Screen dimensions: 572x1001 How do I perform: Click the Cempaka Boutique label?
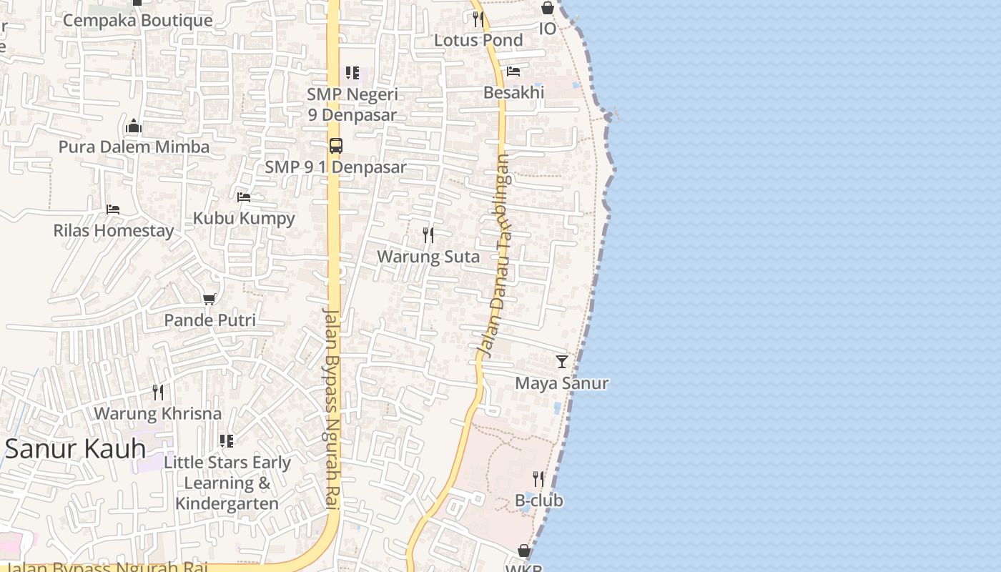[x=137, y=20]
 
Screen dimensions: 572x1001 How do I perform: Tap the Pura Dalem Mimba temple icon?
[x=134, y=127]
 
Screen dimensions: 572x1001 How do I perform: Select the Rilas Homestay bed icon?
[x=112, y=209]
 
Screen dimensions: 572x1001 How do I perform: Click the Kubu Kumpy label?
[x=244, y=218]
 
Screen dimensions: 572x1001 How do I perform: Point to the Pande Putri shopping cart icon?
[x=209, y=299]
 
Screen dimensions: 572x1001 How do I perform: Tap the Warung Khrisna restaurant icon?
[x=158, y=392]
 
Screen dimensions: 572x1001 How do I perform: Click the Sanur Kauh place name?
[x=75, y=449]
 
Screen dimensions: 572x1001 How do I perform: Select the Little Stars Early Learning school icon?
[x=227, y=440]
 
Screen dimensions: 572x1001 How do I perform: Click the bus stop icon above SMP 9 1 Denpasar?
[x=335, y=146]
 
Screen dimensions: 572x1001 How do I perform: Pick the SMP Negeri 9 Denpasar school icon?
[x=352, y=73]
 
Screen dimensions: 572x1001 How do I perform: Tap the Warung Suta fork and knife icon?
[x=428, y=235]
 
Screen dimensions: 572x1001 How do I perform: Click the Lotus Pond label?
[x=478, y=40]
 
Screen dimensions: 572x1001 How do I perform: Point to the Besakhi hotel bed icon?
[x=513, y=71]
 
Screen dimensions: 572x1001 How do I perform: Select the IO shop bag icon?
[x=547, y=9]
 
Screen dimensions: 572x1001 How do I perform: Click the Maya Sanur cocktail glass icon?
[x=562, y=362]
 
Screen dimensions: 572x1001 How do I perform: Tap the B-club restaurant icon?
[x=538, y=479]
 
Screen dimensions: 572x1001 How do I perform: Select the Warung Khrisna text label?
[x=158, y=413]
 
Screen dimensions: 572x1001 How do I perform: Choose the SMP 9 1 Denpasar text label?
[x=335, y=167]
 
